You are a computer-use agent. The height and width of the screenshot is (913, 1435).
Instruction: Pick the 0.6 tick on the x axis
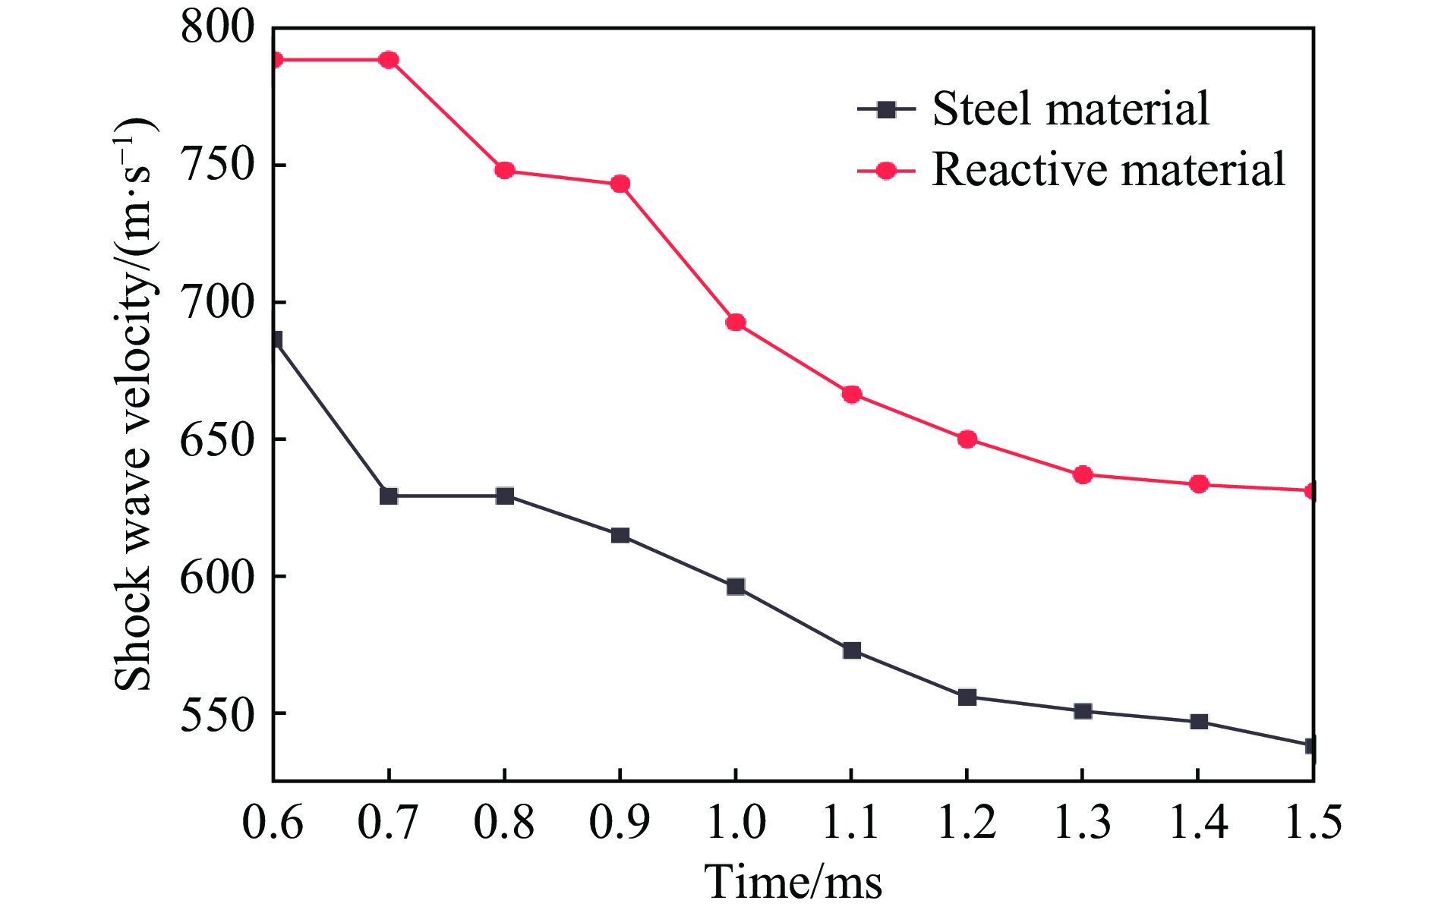[x=273, y=823]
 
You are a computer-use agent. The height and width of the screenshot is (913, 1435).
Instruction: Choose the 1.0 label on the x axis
[x=736, y=823]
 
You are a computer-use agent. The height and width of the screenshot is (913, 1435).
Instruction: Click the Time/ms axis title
[x=793, y=883]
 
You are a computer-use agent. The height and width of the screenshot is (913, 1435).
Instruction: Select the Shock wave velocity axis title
[x=135, y=403]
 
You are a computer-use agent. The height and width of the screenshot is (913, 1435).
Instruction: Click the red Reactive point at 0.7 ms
[x=389, y=60]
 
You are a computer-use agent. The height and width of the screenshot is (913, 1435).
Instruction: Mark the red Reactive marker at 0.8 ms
[x=505, y=170]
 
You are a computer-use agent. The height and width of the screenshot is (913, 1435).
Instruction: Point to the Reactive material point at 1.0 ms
[x=736, y=323]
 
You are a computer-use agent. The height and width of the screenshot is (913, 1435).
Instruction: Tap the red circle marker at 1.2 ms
[x=967, y=439]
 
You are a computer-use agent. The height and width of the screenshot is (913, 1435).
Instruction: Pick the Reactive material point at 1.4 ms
[x=1199, y=484]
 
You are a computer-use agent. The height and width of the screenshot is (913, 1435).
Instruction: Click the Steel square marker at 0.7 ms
[x=389, y=496]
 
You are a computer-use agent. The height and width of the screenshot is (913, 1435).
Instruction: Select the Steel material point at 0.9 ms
[x=620, y=536]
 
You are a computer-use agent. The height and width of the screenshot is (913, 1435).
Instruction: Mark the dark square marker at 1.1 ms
[x=852, y=650]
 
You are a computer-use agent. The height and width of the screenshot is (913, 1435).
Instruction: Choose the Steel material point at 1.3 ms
[x=1083, y=711]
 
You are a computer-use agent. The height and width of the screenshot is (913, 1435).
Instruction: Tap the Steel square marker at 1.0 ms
[x=736, y=587]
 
